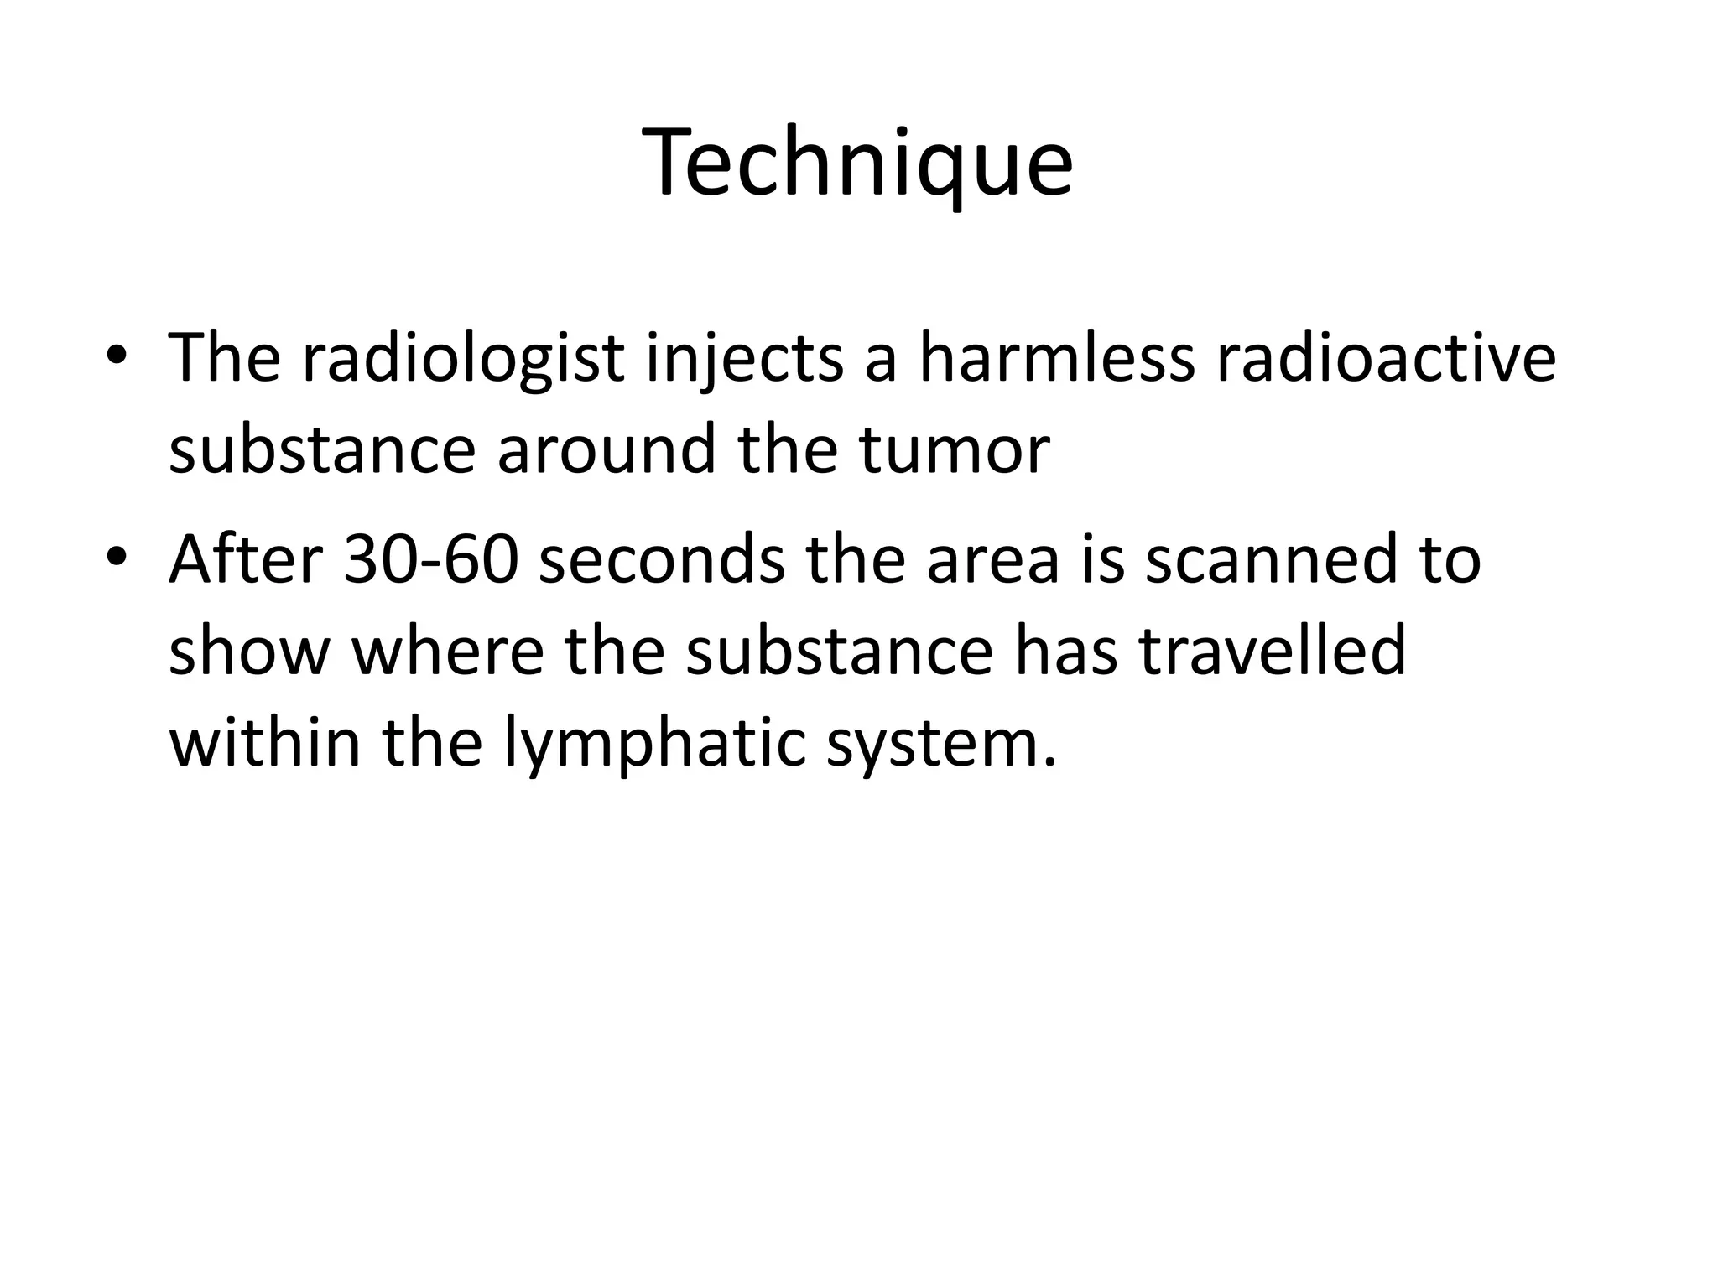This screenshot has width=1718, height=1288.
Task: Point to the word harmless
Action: (x=1056, y=359)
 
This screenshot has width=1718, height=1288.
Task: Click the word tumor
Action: (x=954, y=451)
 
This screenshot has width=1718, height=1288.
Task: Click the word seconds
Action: (x=662, y=560)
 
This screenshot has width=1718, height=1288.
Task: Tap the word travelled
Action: (x=1272, y=652)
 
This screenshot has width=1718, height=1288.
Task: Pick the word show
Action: (x=249, y=652)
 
